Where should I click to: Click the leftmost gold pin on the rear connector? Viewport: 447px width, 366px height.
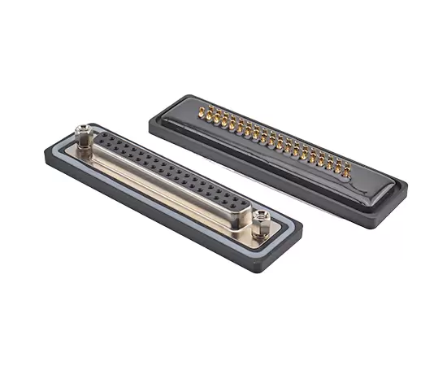pyautogui.click(x=201, y=109)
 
